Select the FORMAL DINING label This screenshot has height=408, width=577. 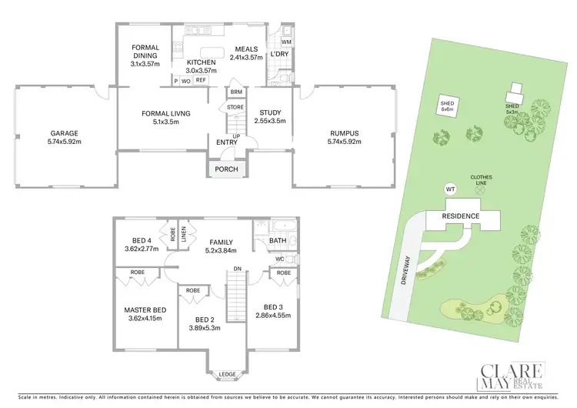point(145,52)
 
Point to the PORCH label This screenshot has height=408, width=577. point(225,169)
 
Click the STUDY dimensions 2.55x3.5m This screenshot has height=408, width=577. point(269,121)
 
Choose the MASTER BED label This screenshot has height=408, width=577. point(145,311)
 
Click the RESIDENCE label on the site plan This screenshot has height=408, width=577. point(461,216)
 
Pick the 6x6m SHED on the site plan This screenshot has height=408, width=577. point(446,106)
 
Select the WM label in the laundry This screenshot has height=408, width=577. point(286,42)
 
